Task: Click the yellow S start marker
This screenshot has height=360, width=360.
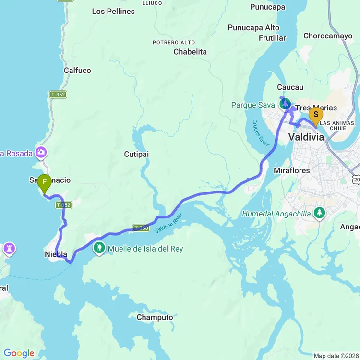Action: [x=315, y=115]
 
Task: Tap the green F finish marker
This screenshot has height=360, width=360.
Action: [x=44, y=182]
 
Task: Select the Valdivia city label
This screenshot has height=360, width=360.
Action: [x=306, y=137]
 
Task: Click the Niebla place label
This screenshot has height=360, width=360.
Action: [x=55, y=254]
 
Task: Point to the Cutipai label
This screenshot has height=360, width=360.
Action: [x=136, y=154]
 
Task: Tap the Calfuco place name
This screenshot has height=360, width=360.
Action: [x=77, y=70]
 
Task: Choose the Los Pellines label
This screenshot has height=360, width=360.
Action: [x=113, y=11]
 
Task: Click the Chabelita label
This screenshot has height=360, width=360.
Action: [x=190, y=52]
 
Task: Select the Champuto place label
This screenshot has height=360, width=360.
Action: [x=155, y=317]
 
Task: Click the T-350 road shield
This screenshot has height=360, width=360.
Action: [x=141, y=228]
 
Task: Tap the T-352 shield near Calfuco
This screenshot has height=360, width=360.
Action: [x=58, y=95]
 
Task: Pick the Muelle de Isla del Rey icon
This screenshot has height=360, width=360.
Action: [x=100, y=248]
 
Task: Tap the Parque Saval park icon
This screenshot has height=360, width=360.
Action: [x=285, y=104]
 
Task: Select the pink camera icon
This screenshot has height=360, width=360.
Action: [x=41, y=153]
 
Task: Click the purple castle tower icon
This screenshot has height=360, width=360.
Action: [x=9, y=249]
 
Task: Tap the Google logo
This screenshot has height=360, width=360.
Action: [x=19, y=353]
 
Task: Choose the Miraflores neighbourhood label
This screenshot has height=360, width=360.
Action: [x=291, y=170]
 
